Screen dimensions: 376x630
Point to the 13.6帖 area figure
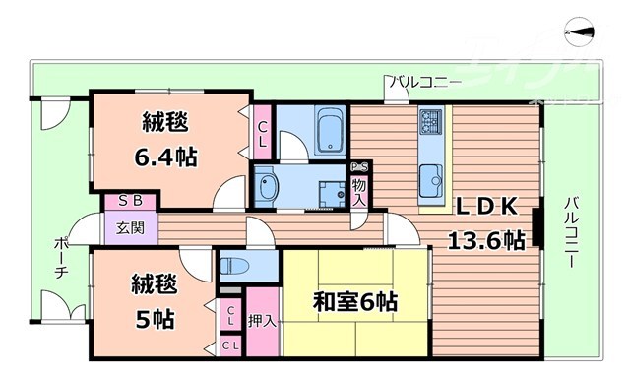click(486, 240)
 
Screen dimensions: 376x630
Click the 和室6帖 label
click(355, 301)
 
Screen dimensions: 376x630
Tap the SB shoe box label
click(130, 201)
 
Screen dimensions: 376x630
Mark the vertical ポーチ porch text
click(61, 258)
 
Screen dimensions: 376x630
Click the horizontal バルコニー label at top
click(423, 81)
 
